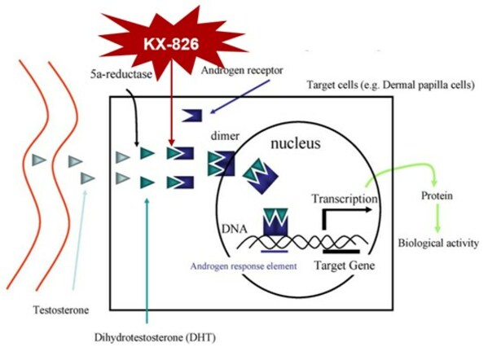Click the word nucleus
tap(295, 143)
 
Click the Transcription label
tap(345, 197)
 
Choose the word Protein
tap(437, 196)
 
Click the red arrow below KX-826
tap(170, 114)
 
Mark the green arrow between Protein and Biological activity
tap(437, 218)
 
